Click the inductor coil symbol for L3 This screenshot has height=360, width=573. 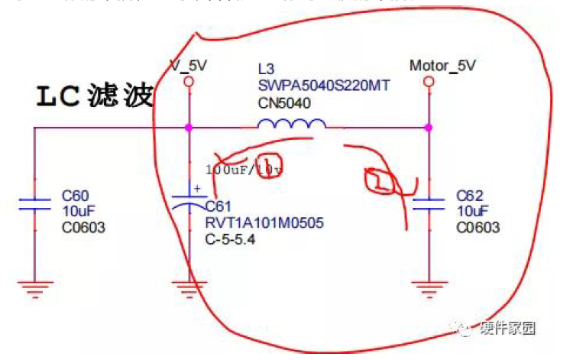point(290,125)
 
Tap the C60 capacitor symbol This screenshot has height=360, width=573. point(34,204)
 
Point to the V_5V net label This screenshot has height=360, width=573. point(188,66)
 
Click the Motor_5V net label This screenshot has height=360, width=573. point(442,66)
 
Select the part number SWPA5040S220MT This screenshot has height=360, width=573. point(323,86)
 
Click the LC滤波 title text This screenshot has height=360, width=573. point(95,96)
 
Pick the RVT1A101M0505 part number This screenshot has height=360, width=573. point(264,223)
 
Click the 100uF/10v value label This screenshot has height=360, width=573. point(243,170)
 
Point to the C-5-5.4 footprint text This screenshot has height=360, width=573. point(231,239)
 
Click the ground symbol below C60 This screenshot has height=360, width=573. point(34,290)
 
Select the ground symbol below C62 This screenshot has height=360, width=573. point(429,290)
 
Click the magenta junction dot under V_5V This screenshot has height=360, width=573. point(188,127)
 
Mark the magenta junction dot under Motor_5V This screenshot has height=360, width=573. point(429,127)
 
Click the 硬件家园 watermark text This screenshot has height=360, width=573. point(507,329)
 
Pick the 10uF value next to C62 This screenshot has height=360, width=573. point(471,211)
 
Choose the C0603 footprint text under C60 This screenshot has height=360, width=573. point(83,227)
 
